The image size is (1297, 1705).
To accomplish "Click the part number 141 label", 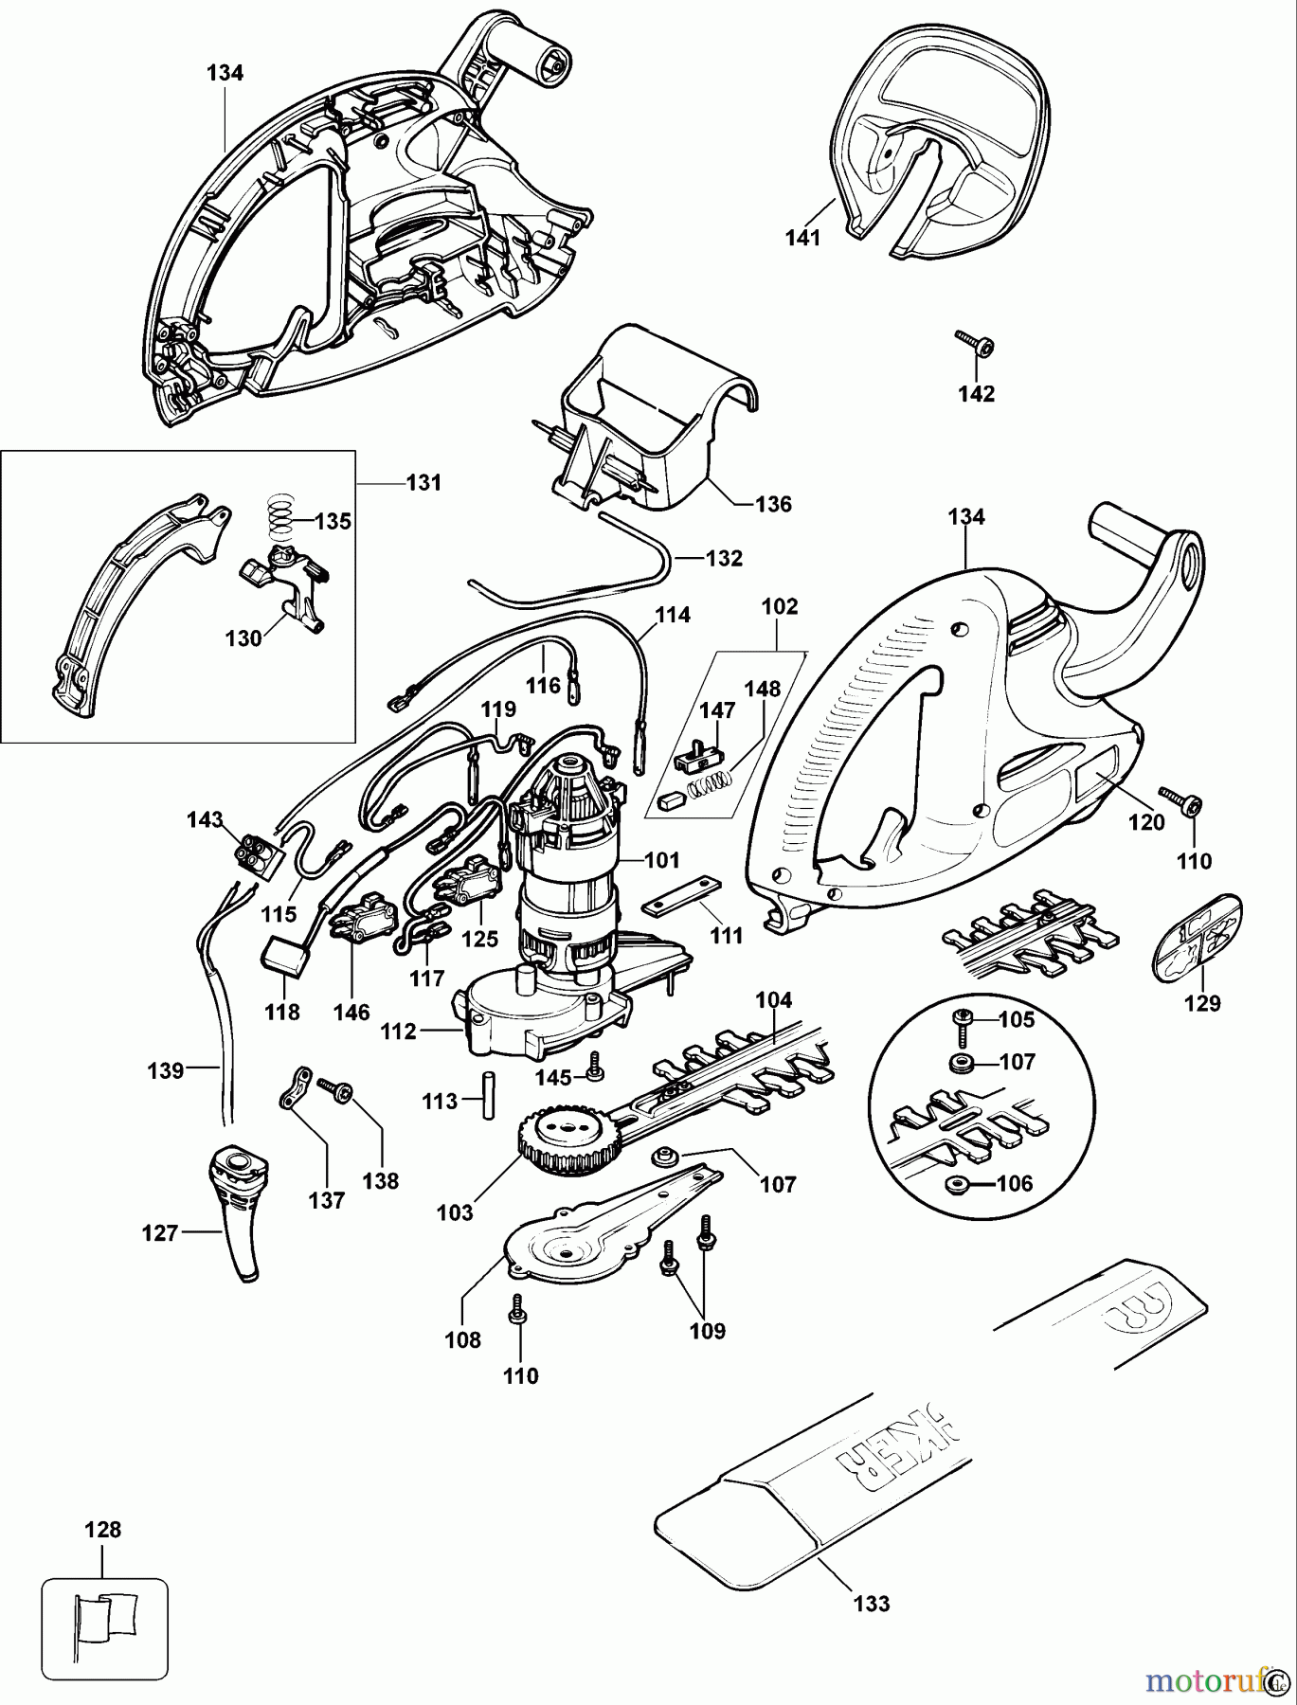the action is click(802, 238).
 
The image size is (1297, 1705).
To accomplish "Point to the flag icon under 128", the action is click(105, 1617).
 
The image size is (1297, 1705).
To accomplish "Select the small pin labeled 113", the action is click(489, 1095).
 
